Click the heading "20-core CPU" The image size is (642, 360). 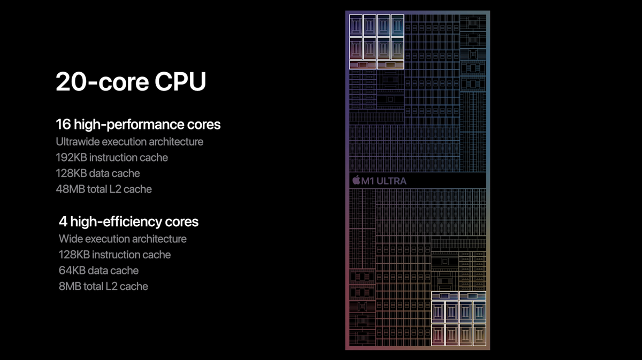point(131,81)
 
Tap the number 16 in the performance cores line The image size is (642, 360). point(63,124)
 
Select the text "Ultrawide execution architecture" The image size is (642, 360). point(129,142)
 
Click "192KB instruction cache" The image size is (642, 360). point(112,157)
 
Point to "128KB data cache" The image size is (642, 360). point(98,173)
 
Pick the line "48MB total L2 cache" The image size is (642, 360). point(104,189)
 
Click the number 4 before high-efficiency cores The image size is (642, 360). point(63,221)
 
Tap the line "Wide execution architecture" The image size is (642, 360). point(123,239)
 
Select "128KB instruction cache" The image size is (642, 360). point(114,255)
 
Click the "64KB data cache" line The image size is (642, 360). point(98,270)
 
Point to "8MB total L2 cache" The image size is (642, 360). point(103,286)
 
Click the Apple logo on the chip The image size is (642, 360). point(356,180)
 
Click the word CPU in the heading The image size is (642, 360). point(180,81)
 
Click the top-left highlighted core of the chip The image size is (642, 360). point(356,26)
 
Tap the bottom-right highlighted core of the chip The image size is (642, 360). point(479,334)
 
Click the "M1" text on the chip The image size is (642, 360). point(368,181)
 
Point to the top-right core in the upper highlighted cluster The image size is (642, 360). point(397,26)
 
